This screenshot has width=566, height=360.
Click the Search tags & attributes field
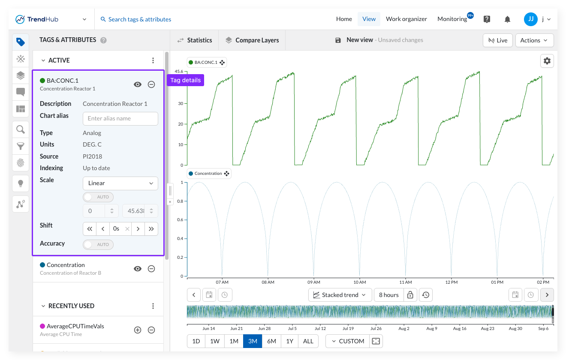pos(136,19)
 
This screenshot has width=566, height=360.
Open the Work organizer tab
pos(406,19)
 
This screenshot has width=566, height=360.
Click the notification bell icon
pos(507,19)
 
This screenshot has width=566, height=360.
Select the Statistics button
pos(195,40)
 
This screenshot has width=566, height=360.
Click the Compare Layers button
pos(252,40)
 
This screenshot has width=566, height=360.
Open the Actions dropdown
pos(534,40)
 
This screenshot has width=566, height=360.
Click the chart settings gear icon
pos(547,61)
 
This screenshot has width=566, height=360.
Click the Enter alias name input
pos(120,118)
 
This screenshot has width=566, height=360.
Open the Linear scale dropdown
pos(120,183)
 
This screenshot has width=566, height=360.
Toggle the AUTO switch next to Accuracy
pos(98,245)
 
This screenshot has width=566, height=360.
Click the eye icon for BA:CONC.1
pos(138,84)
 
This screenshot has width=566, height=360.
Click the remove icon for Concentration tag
pos(151,269)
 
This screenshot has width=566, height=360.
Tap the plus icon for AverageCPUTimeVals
pos(138,330)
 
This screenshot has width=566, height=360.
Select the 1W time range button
pos(215,341)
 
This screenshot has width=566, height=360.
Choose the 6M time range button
pos(271,341)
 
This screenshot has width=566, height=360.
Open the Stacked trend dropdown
pos(340,295)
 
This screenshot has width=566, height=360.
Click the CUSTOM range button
pos(348,341)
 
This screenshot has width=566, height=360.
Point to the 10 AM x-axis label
pos(360,282)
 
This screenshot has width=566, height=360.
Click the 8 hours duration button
pos(388,295)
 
